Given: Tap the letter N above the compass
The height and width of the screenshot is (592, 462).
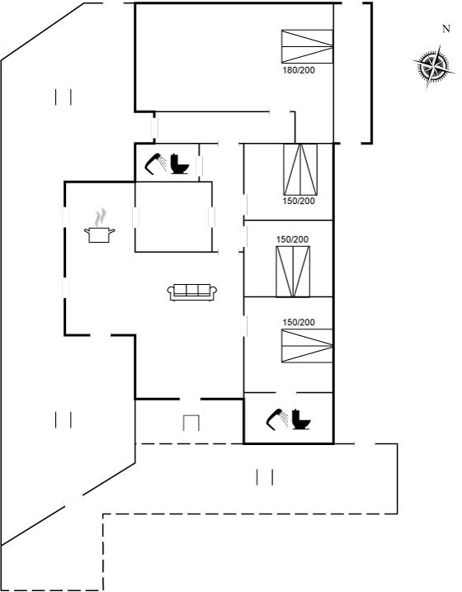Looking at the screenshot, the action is click(446, 29).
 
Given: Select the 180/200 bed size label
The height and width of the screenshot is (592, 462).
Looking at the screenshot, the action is click(299, 70).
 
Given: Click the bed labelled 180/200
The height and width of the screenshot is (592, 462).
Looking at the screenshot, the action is click(307, 46).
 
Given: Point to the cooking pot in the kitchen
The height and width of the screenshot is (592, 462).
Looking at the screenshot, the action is click(99, 234).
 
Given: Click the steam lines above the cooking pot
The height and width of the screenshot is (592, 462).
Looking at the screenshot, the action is click(100, 217).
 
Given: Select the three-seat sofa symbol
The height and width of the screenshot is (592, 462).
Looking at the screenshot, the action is click(192, 292).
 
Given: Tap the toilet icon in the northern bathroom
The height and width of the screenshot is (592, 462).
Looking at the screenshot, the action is click(179, 164).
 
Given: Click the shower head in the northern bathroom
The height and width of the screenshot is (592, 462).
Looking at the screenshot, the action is click(156, 164).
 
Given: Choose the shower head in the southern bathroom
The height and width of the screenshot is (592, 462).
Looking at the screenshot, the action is click(277, 419).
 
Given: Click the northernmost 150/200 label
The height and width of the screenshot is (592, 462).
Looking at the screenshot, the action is click(299, 201).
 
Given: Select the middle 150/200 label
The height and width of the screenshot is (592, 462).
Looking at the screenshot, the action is click(292, 239).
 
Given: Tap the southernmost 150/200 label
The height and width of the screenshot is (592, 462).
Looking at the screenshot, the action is click(299, 323).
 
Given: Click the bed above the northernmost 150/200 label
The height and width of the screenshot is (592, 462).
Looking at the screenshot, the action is click(300, 169).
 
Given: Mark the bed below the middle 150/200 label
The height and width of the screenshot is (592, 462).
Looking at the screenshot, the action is click(293, 272).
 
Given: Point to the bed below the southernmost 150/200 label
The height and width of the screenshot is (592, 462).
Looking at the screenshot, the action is click(307, 346).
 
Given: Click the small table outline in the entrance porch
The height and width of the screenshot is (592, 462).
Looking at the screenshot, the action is click(191, 423).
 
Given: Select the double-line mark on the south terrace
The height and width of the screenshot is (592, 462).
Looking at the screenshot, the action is click(265, 477).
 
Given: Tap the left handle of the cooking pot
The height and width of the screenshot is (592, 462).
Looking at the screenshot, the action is click(87, 230).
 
